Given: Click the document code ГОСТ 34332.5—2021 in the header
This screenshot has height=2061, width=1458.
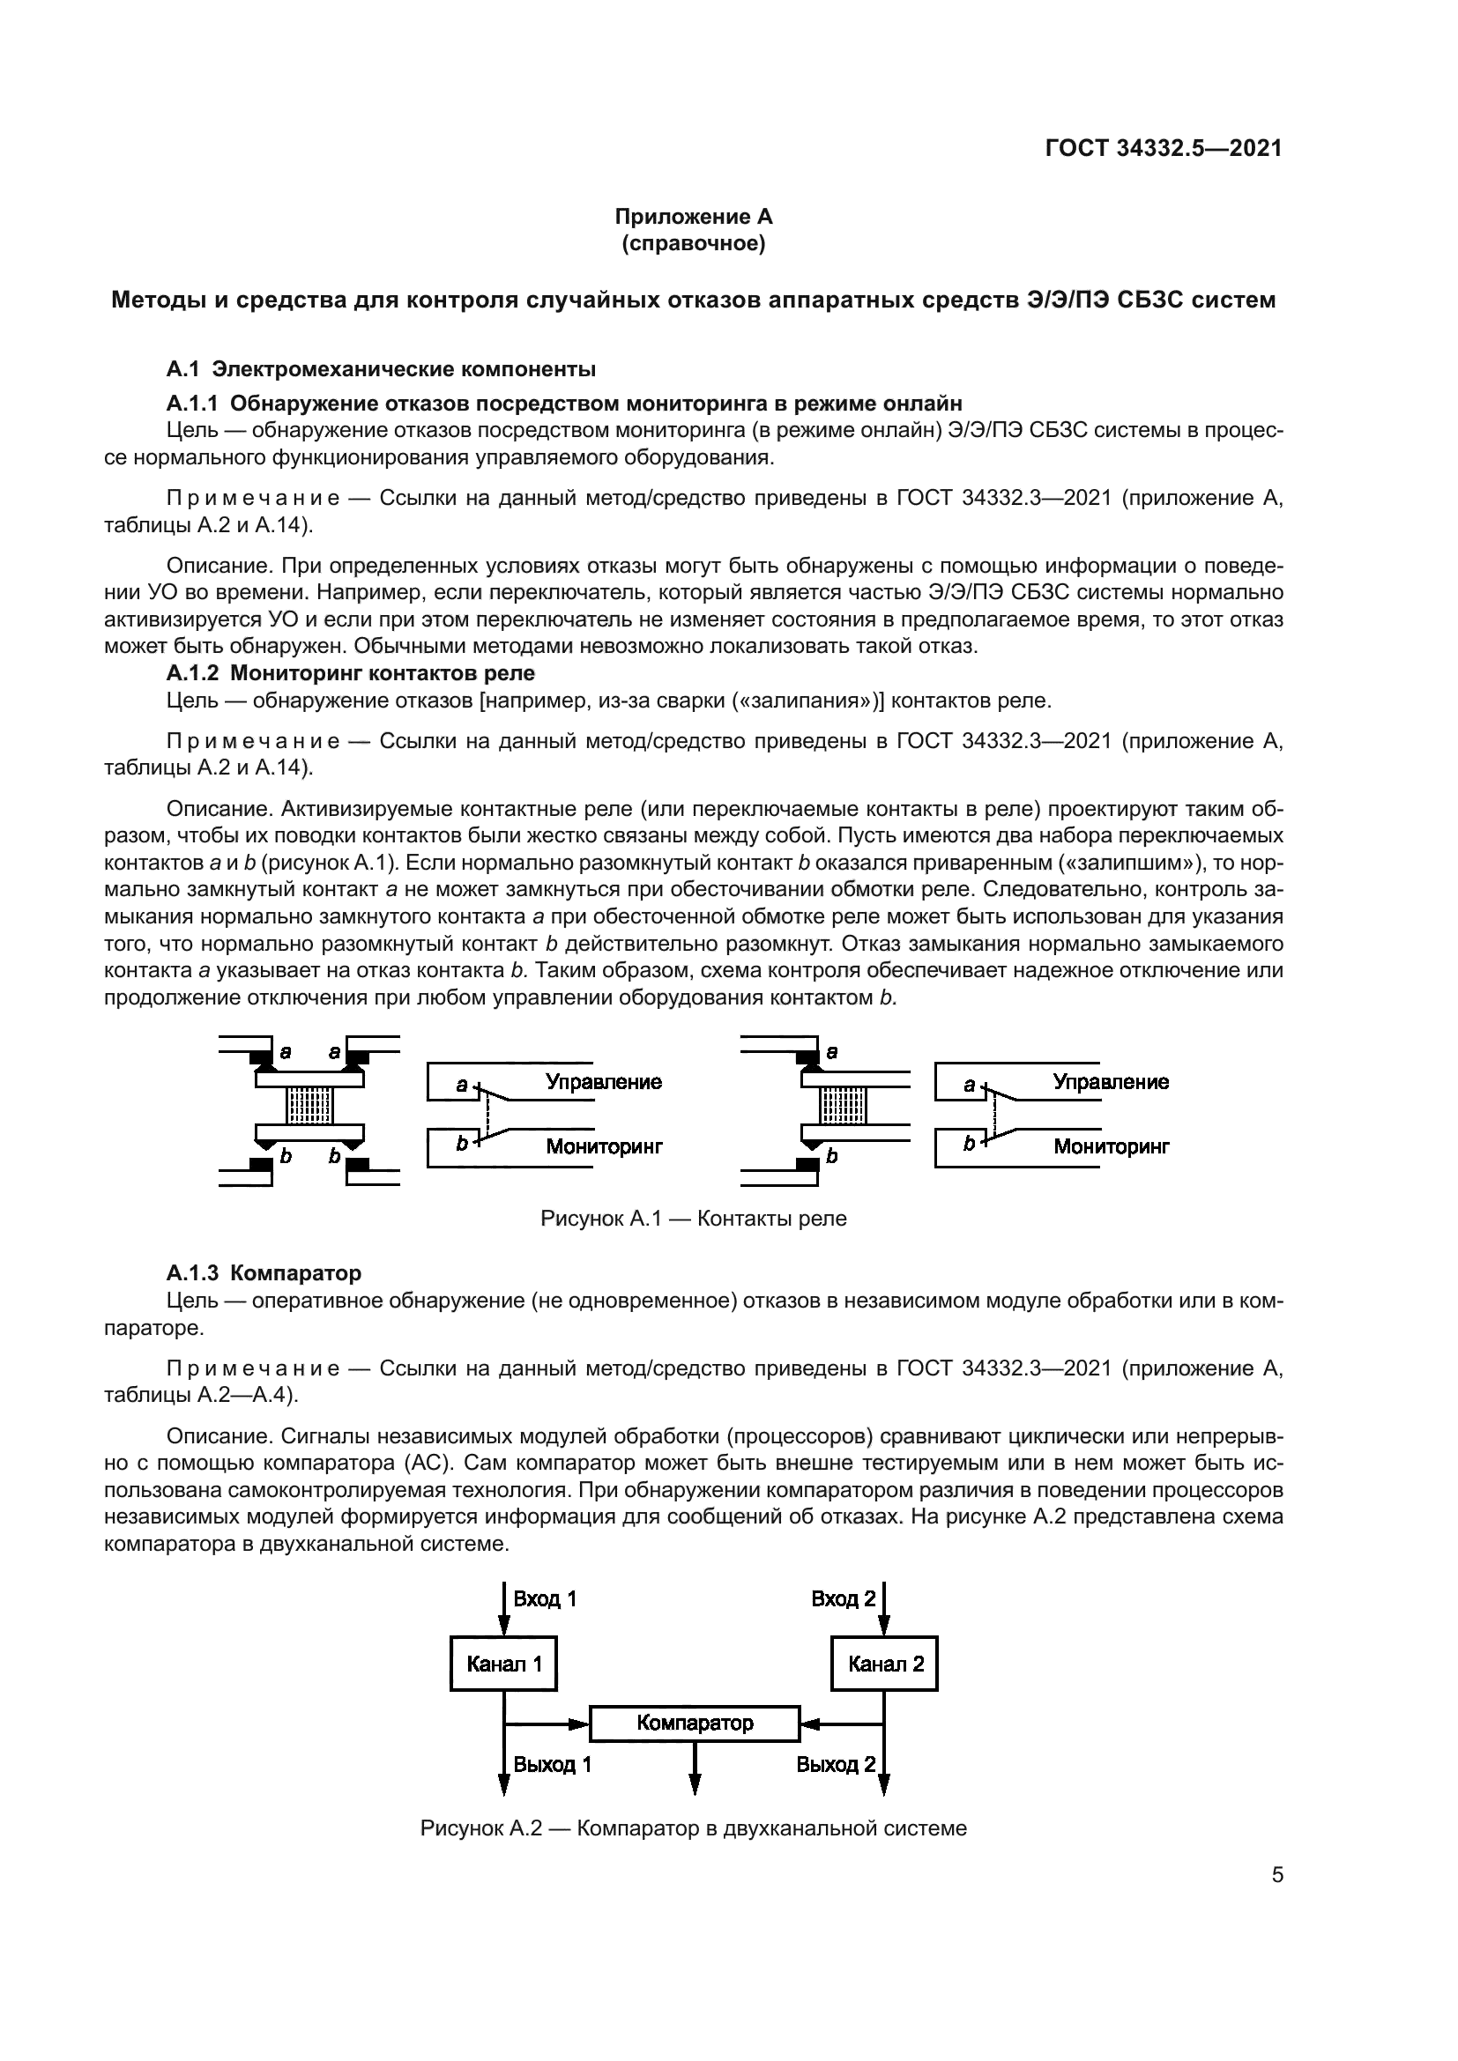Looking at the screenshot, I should point(1164,148).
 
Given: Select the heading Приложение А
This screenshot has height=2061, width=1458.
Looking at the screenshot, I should point(693,217).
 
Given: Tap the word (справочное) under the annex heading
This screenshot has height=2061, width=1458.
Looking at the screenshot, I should point(693,243).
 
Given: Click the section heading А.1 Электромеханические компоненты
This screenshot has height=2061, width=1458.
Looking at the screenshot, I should point(382,369).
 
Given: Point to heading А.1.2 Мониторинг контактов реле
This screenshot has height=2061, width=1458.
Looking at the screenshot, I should point(350,672).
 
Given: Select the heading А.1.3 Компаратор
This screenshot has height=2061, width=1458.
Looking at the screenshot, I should point(264,1273).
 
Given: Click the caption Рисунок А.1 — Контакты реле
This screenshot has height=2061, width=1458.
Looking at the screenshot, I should point(693,1218).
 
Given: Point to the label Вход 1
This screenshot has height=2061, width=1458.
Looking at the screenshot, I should point(544,1598).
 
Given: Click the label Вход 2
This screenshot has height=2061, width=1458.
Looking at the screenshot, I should point(843,1598).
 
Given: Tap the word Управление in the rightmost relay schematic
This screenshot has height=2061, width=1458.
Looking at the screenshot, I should point(1111,1082).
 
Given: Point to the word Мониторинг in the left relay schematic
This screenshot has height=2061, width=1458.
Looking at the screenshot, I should point(604,1146).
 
